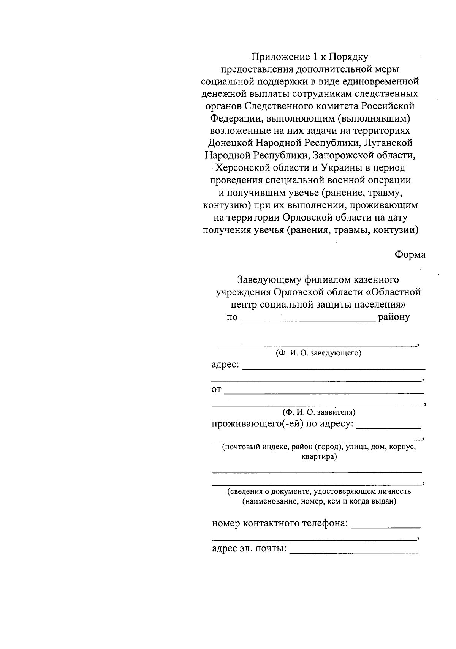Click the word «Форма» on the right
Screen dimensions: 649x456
(x=410, y=254)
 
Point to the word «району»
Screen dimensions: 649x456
(x=394, y=317)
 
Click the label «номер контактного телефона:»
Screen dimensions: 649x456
(x=280, y=524)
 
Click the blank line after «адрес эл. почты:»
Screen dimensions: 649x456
(x=354, y=552)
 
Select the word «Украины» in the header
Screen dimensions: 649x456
(x=340, y=168)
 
